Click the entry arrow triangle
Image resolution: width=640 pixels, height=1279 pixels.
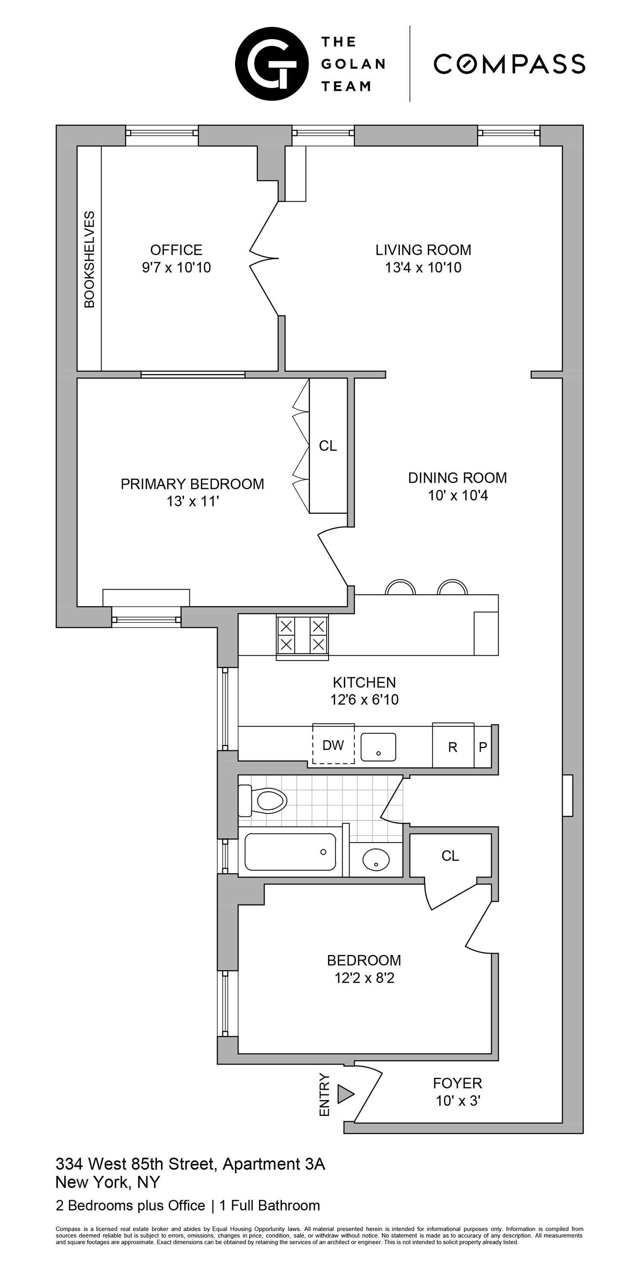(x=345, y=1094)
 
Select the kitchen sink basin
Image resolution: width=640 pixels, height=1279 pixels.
(x=378, y=747)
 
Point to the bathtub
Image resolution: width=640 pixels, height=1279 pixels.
(x=290, y=852)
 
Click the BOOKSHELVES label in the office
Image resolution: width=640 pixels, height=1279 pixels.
(x=90, y=259)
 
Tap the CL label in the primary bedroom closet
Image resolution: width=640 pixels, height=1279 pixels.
(x=328, y=446)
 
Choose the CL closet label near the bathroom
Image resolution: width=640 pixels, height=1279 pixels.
(x=450, y=856)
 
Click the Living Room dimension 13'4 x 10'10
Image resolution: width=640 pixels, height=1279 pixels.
(x=423, y=268)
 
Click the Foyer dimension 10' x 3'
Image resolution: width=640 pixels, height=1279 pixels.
(x=458, y=1101)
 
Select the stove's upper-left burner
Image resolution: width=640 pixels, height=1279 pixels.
(x=286, y=625)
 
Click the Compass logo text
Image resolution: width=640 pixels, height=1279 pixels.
(x=509, y=64)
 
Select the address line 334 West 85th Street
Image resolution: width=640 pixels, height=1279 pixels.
(x=190, y=1164)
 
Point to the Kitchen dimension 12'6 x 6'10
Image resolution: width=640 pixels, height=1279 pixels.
(x=364, y=700)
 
